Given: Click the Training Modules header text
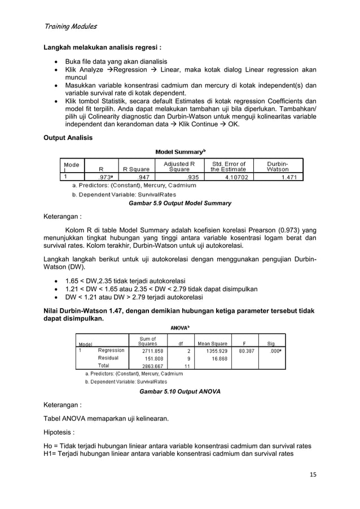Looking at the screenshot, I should tap(70, 26).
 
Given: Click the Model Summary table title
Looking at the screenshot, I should tap(179, 152).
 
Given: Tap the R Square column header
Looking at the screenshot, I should tap(136, 168).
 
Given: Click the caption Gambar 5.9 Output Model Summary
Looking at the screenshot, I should tap(180, 203).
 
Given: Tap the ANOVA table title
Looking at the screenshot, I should tap(180, 327).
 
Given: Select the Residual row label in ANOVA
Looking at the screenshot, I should tap(108, 358).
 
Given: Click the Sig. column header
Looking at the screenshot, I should tap(272, 343).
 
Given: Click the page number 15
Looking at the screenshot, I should tap(312, 474).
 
